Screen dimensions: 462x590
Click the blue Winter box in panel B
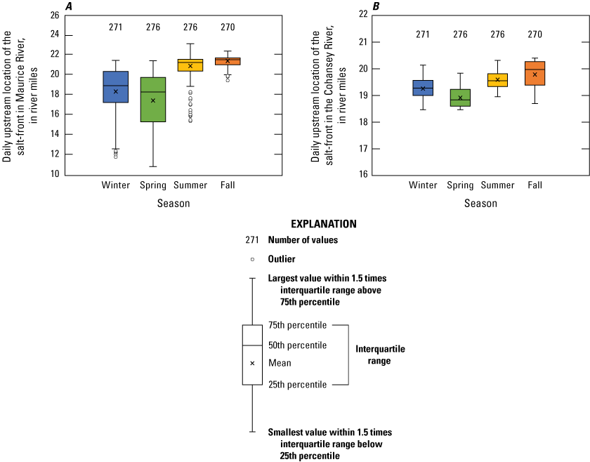pos(423,88)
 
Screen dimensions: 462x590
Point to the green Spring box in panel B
pos(460,98)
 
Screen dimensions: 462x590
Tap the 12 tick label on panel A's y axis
pos(53,154)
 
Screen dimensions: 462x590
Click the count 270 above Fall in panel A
pos(228,27)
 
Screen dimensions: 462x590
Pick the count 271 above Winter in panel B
pos(423,34)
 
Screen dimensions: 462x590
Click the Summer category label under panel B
pos(497,185)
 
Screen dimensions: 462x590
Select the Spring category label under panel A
pos(153,185)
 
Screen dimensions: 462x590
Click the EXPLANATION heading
pos(324,224)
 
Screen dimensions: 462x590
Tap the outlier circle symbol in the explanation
pos(252,259)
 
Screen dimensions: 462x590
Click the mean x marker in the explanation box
pos(252,363)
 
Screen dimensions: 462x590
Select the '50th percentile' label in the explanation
pos(297,345)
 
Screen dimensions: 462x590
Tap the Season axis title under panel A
pos(173,204)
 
